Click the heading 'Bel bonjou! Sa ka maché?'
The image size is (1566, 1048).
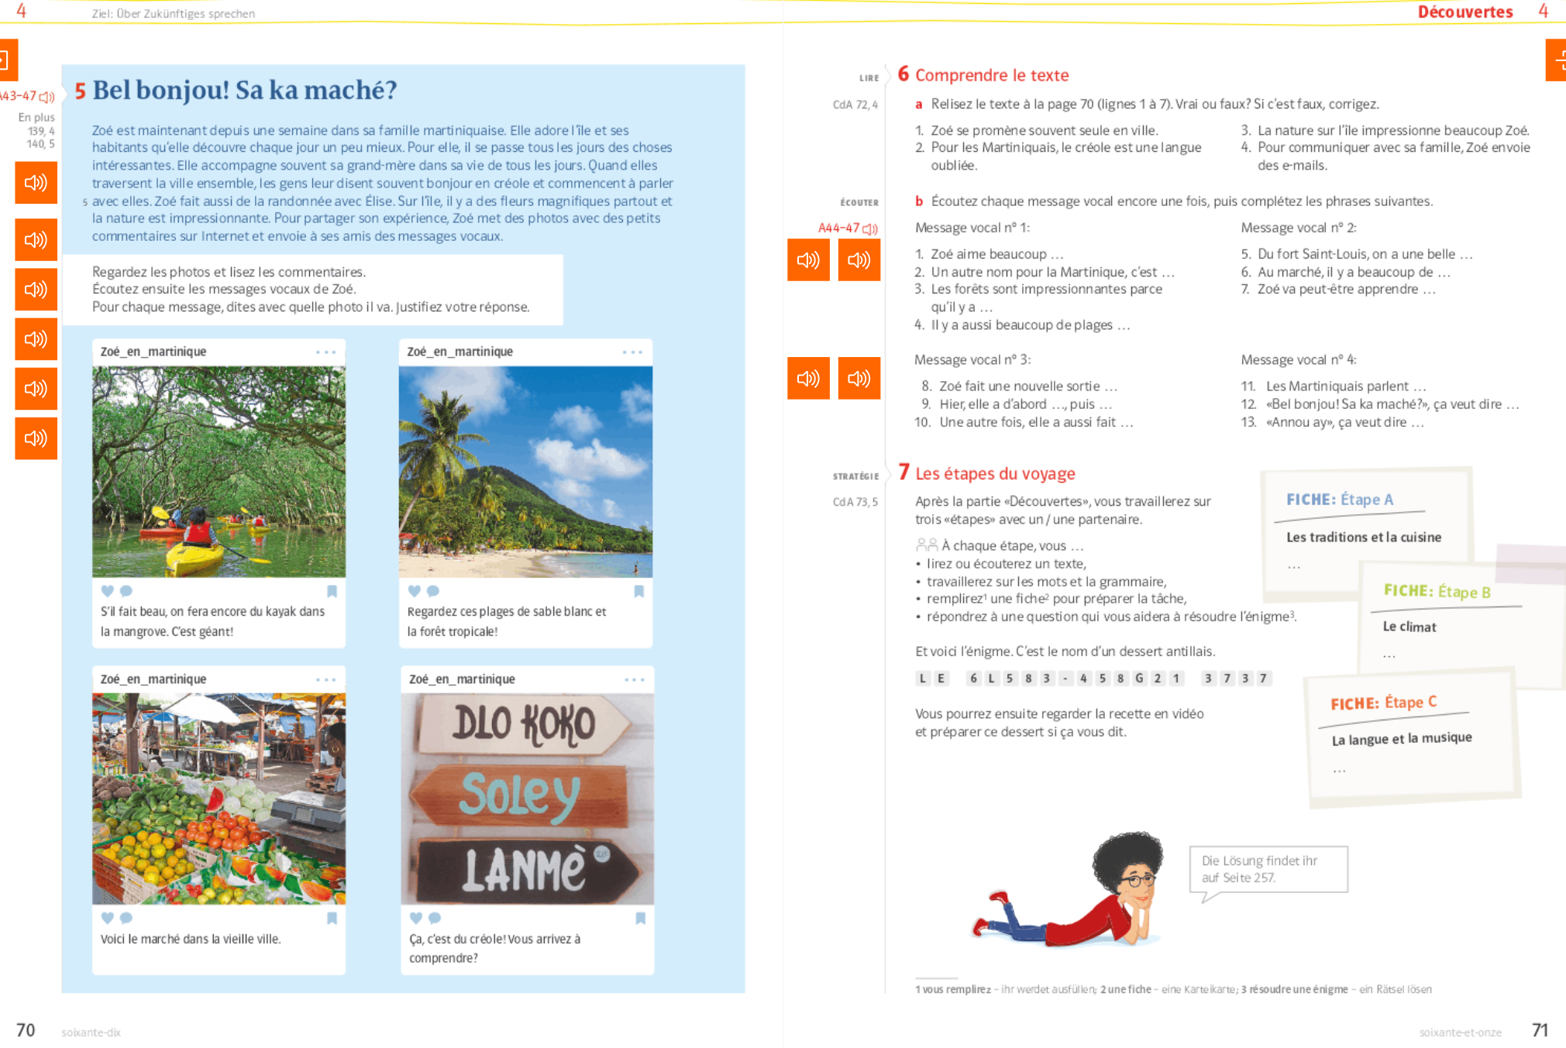(x=244, y=91)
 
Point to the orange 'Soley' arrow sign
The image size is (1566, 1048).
(x=520, y=795)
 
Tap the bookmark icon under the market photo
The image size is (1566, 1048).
(x=332, y=918)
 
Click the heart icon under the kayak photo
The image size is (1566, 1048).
(x=108, y=591)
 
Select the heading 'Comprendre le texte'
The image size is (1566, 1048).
(x=992, y=75)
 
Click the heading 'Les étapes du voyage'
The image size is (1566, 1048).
(x=995, y=473)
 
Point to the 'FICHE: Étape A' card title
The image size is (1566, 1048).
(x=1340, y=500)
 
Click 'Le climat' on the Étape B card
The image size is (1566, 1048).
(x=1409, y=627)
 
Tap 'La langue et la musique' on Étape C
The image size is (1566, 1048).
(x=1402, y=738)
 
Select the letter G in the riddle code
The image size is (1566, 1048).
(x=1139, y=679)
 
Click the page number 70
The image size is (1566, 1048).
(x=26, y=1030)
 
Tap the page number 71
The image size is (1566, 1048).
(x=1540, y=1030)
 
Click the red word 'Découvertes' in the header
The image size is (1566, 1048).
(x=1464, y=12)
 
